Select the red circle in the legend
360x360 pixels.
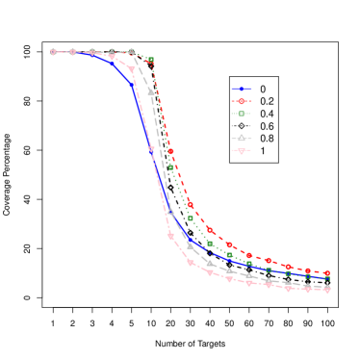click(x=241, y=101)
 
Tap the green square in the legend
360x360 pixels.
click(x=241, y=114)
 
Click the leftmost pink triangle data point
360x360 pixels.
click(x=53, y=52)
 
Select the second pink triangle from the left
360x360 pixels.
click(x=73, y=52)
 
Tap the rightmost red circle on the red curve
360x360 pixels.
click(x=327, y=273)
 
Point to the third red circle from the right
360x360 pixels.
click(x=288, y=266)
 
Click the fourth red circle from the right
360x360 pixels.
click(x=269, y=261)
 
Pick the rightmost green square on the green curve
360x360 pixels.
click(x=327, y=279)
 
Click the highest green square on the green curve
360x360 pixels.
click(x=151, y=61)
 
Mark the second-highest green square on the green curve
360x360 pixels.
click(x=170, y=167)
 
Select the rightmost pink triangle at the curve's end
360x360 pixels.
click(x=327, y=290)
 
